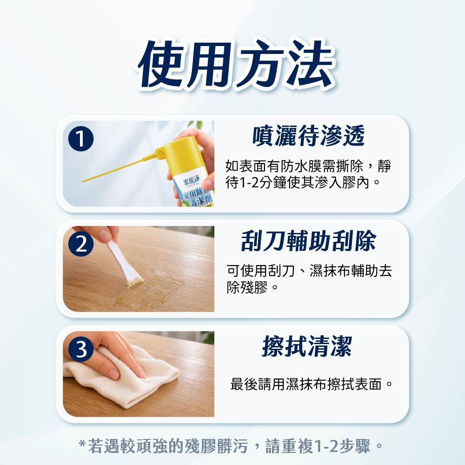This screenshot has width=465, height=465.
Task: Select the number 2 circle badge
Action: point(81,244)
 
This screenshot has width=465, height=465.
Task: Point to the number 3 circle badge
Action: point(81,349)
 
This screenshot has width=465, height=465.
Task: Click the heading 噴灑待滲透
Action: point(308,136)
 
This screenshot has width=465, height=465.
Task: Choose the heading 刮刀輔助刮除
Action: point(308,240)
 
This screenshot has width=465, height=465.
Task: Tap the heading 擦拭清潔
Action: point(307,346)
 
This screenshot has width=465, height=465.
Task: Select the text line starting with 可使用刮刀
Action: point(309,271)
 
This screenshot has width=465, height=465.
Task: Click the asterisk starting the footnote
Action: point(82,444)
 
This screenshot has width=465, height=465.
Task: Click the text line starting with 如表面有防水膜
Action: point(308,166)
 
